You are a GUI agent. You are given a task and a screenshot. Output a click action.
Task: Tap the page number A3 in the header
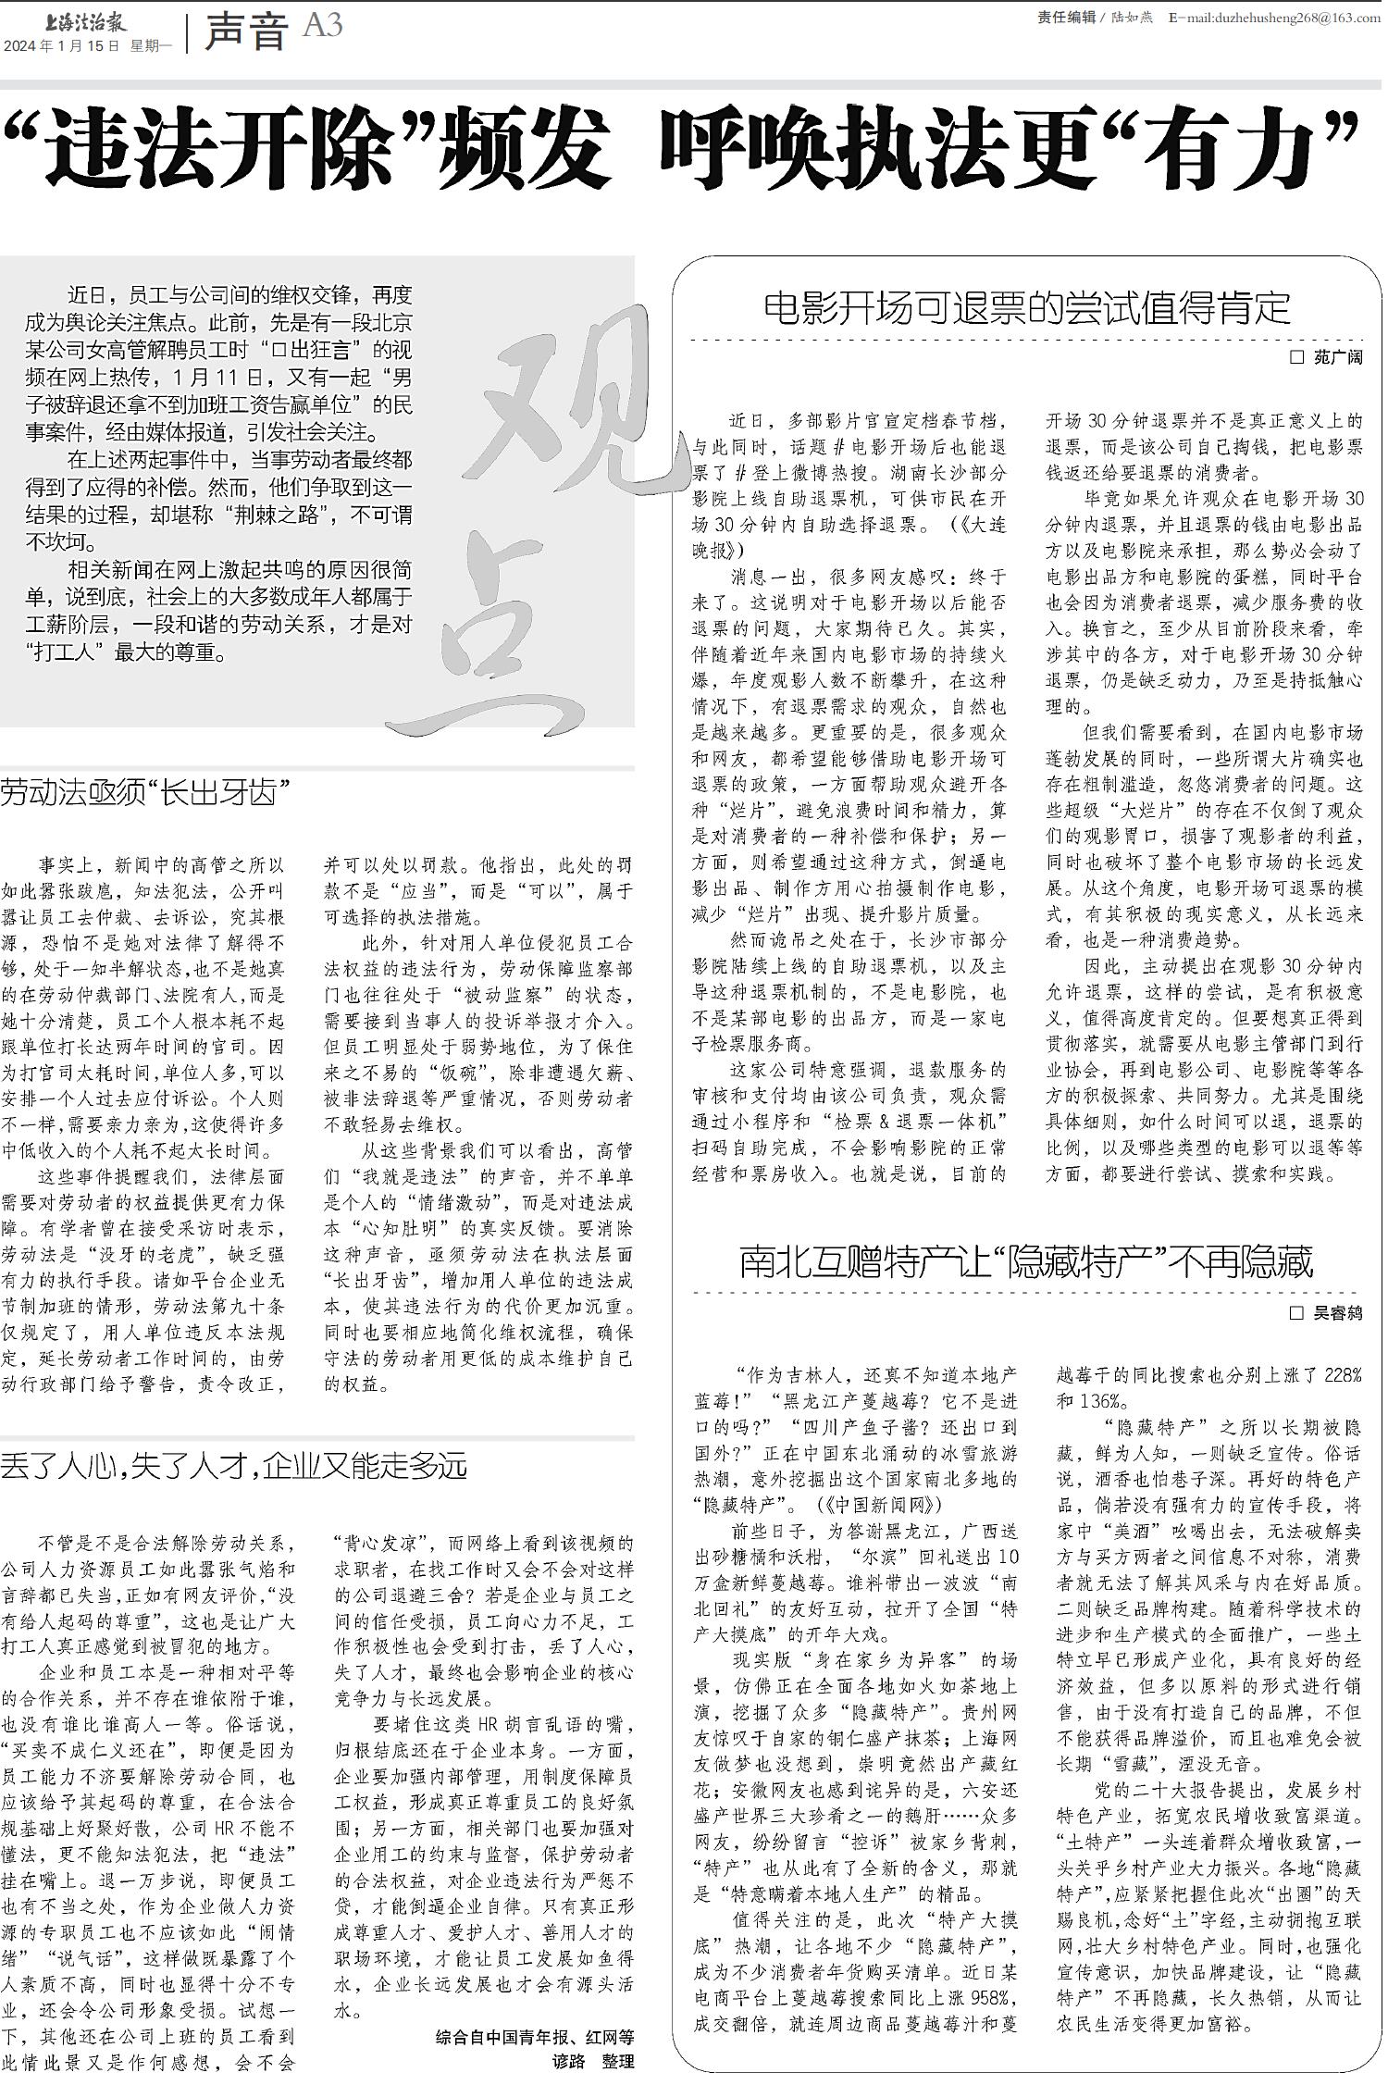pos(322,26)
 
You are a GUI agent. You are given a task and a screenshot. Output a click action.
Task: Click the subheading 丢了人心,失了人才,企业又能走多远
pos(233,1465)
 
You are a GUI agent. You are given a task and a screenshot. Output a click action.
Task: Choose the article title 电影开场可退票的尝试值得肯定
pos(1027,308)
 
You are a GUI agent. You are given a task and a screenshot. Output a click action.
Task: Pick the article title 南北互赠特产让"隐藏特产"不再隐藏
pos(1026,1262)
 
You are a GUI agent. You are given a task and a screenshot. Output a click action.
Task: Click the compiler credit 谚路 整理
pos(593,2062)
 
